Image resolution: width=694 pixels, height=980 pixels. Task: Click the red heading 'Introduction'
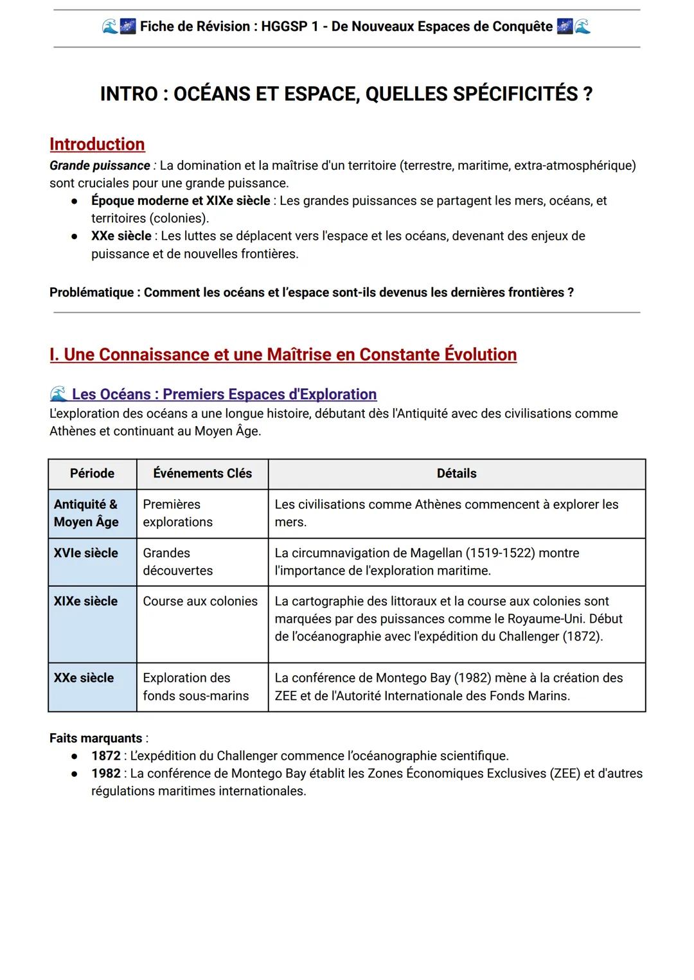tap(97, 144)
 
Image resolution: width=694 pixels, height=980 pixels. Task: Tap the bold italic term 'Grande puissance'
tap(100, 166)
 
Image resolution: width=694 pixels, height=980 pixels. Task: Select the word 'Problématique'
tap(91, 292)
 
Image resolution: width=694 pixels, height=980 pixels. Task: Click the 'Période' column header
tap(92, 474)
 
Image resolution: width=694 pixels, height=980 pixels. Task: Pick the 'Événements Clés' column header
tap(202, 474)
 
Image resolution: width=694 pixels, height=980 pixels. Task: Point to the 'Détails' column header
tap(456, 474)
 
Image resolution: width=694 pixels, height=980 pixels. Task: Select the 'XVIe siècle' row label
tap(86, 553)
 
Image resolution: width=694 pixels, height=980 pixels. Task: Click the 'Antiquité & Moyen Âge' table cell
tap(86, 513)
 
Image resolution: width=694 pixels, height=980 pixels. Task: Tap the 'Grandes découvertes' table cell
tap(177, 562)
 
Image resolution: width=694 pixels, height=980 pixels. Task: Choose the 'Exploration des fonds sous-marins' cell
tap(195, 687)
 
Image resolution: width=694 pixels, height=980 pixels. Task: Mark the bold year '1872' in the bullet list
tap(105, 756)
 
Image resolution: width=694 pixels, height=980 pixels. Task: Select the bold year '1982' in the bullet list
tap(105, 774)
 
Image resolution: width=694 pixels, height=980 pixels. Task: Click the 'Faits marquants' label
tap(96, 738)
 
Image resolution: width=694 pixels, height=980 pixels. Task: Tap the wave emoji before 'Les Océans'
tap(58, 394)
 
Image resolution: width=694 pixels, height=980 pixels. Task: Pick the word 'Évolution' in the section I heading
tap(480, 355)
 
